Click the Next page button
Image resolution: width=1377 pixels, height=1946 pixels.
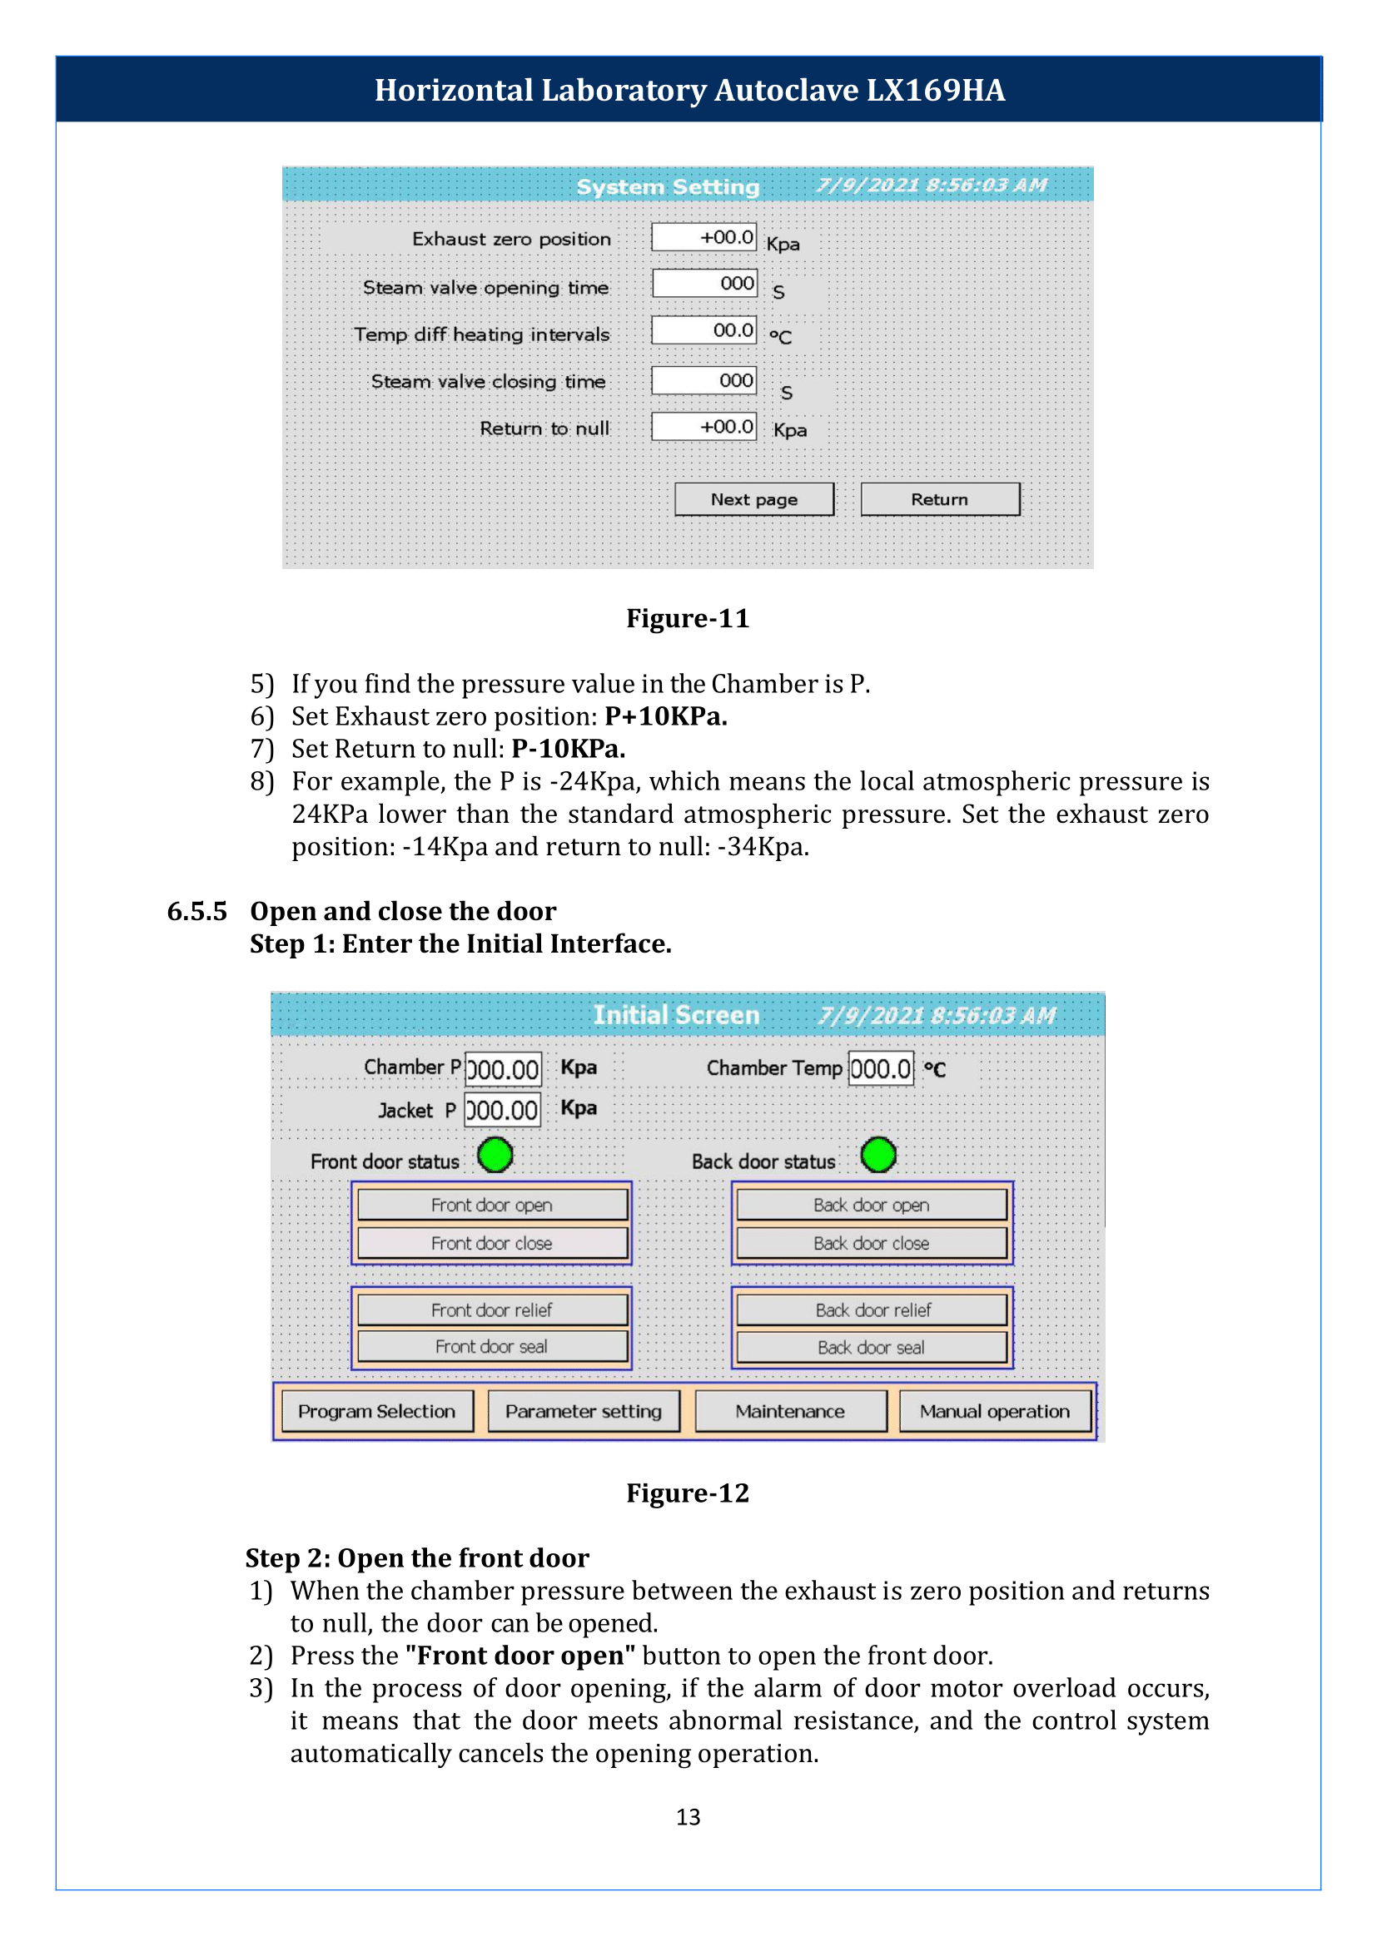click(x=753, y=499)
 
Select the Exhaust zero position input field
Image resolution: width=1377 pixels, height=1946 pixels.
click(x=703, y=237)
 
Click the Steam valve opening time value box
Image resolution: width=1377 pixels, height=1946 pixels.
click(x=704, y=283)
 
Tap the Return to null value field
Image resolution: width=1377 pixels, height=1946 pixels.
click(x=703, y=426)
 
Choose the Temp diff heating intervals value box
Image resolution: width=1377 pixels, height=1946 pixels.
click(x=703, y=329)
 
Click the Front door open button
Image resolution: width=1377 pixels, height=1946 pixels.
click(x=493, y=1205)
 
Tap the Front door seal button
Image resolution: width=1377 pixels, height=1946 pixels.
click(x=493, y=1346)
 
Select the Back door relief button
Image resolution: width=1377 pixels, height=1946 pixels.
click(x=872, y=1310)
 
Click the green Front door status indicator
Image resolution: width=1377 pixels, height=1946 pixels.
click(x=495, y=1155)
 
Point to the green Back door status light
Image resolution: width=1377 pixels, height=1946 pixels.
click(x=878, y=1155)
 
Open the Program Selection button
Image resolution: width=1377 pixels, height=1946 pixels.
click(x=377, y=1411)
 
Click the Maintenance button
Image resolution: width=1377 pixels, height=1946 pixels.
click(x=790, y=1411)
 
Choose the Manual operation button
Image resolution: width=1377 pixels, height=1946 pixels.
click(x=996, y=1411)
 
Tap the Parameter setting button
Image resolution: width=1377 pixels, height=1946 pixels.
click(x=584, y=1411)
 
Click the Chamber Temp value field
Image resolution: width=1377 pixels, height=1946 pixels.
click(x=881, y=1068)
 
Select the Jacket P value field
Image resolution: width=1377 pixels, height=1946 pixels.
click(x=503, y=1111)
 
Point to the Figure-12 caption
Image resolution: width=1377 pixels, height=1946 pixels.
click(x=688, y=1493)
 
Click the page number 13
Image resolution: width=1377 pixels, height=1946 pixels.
click(x=688, y=1816)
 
